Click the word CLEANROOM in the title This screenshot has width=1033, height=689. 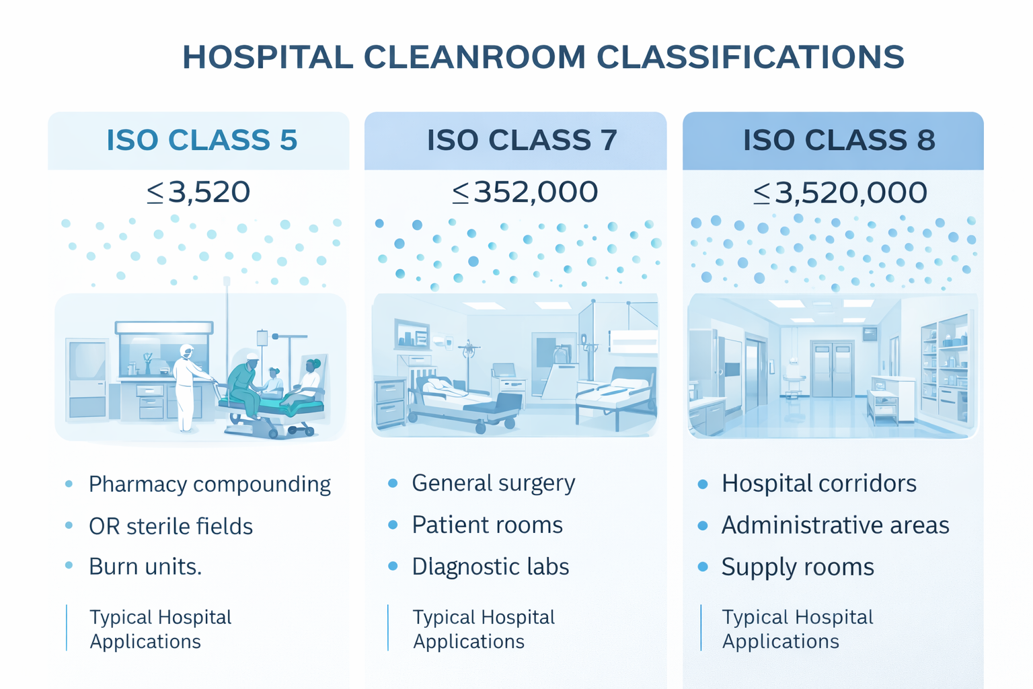(x=474, y=57)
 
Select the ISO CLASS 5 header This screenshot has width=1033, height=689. (x=202, y=140)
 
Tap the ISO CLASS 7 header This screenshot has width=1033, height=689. (x=522, y=140)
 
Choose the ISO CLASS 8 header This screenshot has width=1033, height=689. (x=839, y=140)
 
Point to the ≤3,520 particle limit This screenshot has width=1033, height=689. (x=198, y=192)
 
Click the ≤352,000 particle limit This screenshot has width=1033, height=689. (x=525, y=192)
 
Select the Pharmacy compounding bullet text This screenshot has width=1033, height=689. (x=209, y=484)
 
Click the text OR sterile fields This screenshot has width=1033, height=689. (x=171, y=526)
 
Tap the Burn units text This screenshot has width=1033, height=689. (x=145, y=567)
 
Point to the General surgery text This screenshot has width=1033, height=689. (x=494, y=483)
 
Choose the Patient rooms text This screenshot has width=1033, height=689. (x=487, y=525)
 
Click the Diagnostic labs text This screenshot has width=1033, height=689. (x=490, y=567)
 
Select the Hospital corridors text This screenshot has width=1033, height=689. (x=818, y=484)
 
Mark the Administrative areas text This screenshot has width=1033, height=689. (x=835, y=525)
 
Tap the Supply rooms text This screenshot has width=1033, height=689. (x=798, y=567)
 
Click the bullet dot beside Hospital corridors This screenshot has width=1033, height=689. (x=703, y=484)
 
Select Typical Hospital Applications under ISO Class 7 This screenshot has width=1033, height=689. (x=484, y=629)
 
